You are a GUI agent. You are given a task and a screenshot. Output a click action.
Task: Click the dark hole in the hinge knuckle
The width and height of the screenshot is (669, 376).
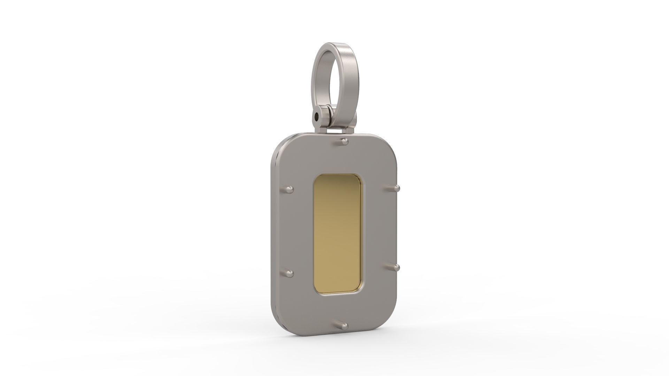coord(316,117)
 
